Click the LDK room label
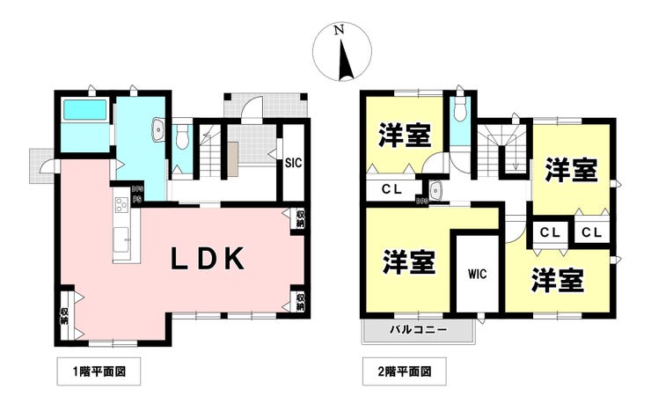[207, 259]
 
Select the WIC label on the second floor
[478, 273]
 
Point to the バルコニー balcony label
[419, 330]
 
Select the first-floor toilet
[182, 137]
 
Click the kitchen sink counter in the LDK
[121, 230]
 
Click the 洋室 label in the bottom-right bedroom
[557, 279]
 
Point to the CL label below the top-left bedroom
[393, 189]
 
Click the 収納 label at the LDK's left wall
[64, 314]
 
